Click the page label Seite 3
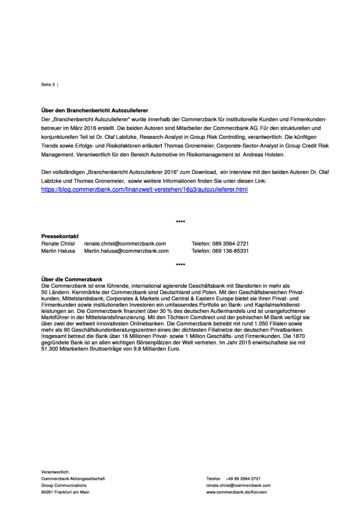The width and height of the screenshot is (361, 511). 48,84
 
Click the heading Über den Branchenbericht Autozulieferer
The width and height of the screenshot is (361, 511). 95,110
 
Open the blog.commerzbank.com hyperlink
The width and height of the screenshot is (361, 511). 144,189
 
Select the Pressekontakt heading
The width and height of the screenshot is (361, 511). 60,236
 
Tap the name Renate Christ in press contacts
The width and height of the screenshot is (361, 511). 58,244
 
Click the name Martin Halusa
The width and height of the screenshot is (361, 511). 58,251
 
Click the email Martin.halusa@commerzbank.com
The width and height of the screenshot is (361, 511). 126,251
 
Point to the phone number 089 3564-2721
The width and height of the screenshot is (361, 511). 231,244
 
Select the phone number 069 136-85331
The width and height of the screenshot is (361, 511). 231,251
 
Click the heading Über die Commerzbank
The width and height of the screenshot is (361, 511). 72,279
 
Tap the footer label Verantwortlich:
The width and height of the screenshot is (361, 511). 55,472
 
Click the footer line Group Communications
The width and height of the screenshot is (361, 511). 64,485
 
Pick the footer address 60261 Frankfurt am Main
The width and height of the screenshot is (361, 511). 65,492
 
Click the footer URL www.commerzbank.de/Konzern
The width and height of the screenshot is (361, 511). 237,492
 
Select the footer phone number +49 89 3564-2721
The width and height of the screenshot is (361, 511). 243,479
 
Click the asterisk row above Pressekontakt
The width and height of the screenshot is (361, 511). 180,222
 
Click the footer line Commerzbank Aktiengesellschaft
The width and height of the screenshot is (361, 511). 73,479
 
